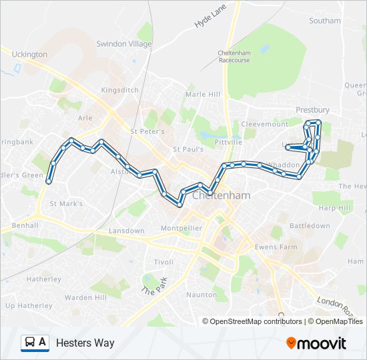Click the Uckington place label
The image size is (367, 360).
(29, 54)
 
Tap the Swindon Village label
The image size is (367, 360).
(124, 43)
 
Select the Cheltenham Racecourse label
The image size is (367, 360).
(234, 56)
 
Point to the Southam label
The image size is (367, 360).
(325, 21)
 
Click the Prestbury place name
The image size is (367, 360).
(312, 110)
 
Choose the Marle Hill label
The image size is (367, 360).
(203, 95)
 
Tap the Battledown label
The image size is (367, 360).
(310, 226)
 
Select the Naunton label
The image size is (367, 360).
(202, 295)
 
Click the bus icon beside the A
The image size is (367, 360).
(30, 343)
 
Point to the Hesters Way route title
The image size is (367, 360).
(85, 343)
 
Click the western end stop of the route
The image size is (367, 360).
(48, 181)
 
